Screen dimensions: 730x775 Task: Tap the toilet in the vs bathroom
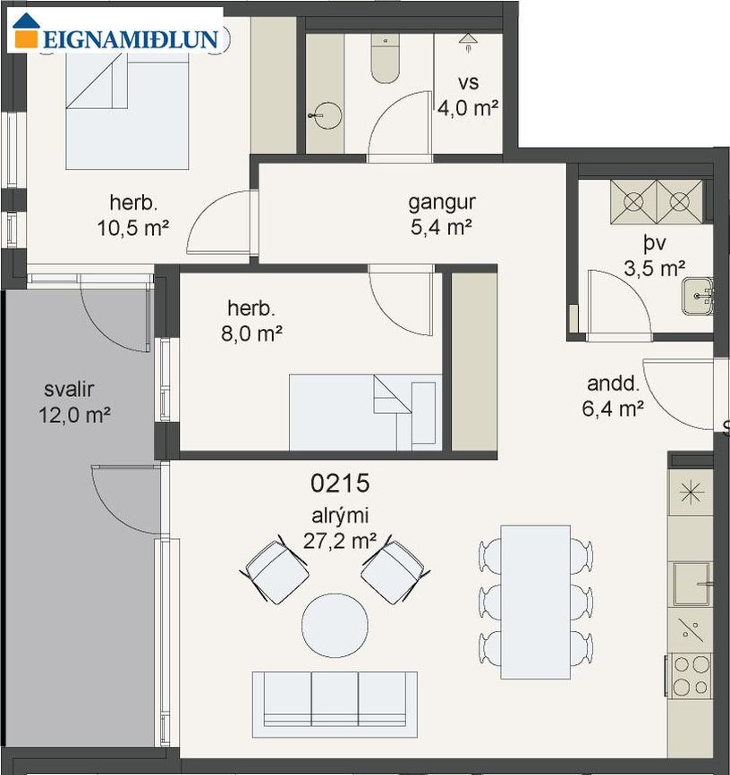386,59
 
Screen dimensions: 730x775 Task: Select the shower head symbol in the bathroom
468,41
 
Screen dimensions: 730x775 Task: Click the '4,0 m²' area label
468,107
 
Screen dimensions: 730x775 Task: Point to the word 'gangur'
442,203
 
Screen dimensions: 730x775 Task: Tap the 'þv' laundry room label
654,244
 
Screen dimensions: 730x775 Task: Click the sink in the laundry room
698,296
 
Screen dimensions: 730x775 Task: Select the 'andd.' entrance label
613,383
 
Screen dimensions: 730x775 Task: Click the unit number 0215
340,483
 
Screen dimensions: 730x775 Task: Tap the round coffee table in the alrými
335,625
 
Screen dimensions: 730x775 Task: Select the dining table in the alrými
536,602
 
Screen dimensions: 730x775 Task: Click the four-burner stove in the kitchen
691,675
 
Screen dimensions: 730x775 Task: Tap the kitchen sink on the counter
692,585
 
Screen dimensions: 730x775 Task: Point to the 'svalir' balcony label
69,390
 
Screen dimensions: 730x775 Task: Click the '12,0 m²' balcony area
74,415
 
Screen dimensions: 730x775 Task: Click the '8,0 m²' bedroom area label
251,334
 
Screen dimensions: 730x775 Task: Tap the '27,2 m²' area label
340,541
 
